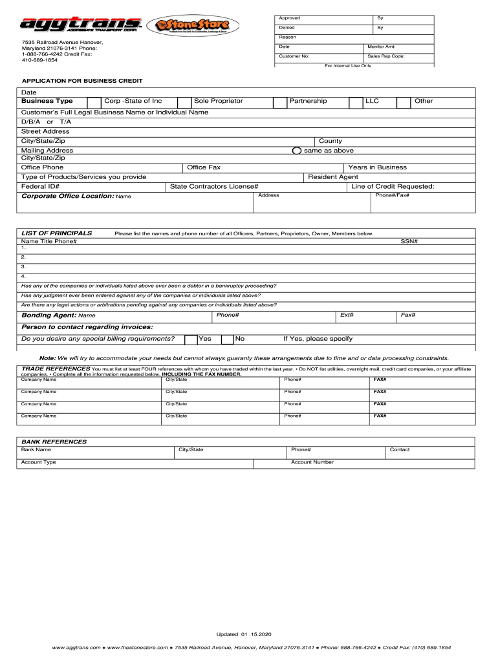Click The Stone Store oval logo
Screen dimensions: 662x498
tap(193, 27)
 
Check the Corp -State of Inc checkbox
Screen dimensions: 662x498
tap(94, 102)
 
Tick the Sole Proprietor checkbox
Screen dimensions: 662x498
tap(184, 102)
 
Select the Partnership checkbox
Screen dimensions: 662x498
tap(279, 102)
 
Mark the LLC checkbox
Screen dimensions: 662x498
tap(356, 102)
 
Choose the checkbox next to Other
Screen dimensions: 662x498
tap(404, 102)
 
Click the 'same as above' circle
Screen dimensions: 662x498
tap(296, 151)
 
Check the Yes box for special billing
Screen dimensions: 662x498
tap(191, 339)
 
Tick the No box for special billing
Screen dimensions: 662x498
tap(227, 339)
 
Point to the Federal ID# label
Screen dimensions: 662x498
tap(41, 186)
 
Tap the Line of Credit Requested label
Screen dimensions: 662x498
tap(393, 186)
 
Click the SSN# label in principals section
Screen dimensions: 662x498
tap(409, 241)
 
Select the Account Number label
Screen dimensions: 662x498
tap(312, 462)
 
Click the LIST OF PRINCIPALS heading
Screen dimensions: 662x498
tap(57, 233)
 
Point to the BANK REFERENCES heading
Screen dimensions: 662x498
tap(54, 442)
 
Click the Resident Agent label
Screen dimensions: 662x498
tap(333, 176)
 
